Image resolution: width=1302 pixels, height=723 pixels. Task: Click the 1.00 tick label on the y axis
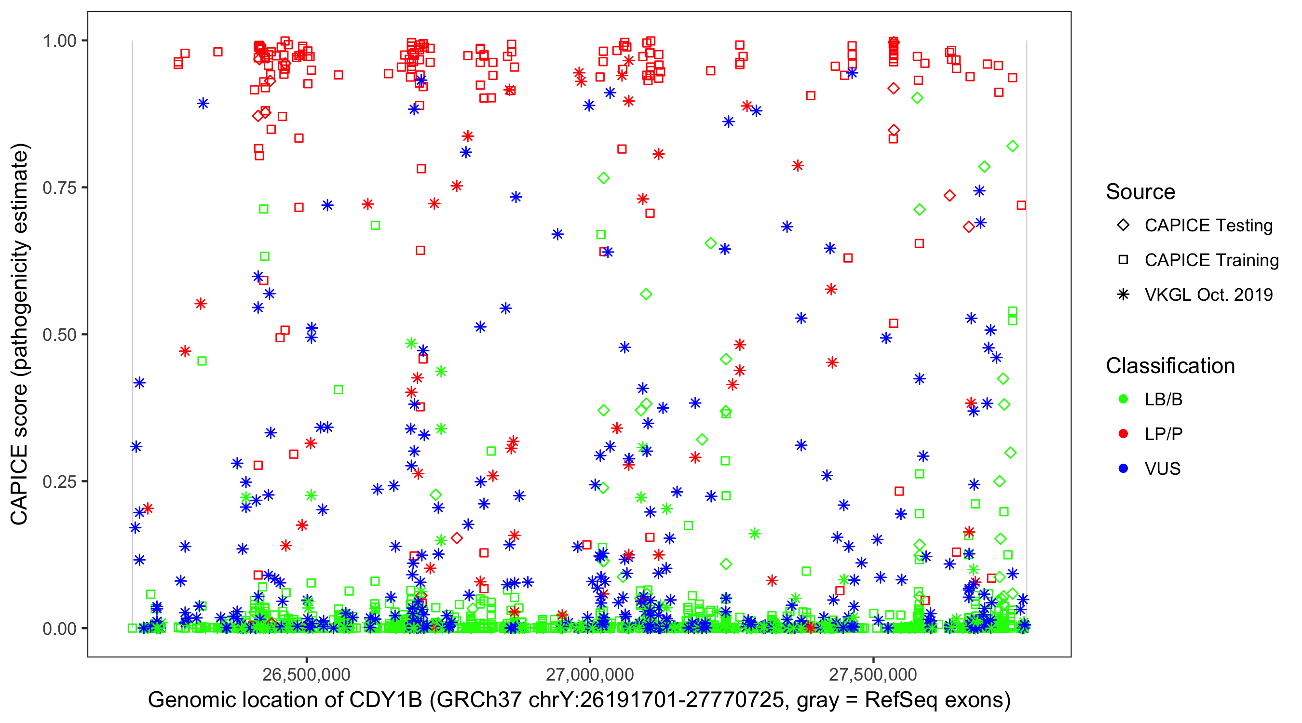point(59,41)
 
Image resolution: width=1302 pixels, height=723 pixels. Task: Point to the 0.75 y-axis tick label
point(59,188)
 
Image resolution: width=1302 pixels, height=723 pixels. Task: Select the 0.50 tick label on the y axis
point(59,335)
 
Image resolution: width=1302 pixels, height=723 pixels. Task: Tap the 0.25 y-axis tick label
point(59,482)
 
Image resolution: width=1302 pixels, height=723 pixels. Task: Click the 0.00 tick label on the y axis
point(59,629)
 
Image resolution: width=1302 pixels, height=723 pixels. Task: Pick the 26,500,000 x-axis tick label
point(306,674)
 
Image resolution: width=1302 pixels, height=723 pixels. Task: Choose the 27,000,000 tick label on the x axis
point(590,674)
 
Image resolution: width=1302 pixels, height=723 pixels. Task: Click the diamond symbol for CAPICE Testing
point(1123,226)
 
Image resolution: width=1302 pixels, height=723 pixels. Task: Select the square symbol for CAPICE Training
point(1123,260)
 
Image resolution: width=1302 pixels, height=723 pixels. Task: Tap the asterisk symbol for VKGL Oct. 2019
point(1123,295)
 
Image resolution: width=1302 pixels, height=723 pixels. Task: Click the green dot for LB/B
point(1123,399)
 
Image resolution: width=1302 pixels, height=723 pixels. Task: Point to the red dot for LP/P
point(1123,434)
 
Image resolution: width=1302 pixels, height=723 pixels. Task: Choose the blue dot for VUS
point(1123,469)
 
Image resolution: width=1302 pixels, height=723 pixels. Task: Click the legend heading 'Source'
point(1140,192)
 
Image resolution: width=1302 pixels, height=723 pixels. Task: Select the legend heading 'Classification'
point(1170,366)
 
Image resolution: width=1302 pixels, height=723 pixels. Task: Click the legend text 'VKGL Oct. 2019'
point(1208,295)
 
